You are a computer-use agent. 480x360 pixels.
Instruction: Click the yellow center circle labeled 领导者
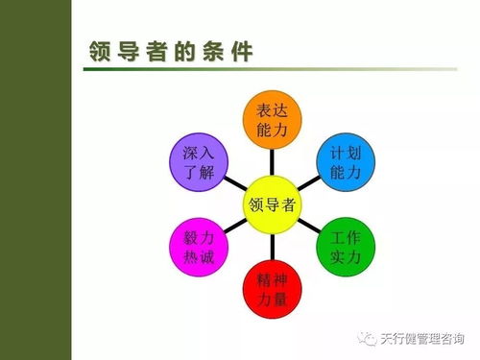pos(272,203)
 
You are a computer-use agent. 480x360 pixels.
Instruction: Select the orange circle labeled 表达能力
pos(272,121)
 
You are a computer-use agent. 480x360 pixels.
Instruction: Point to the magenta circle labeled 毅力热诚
pos(198,246)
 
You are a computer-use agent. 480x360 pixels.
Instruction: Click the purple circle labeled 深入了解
pos(198,164)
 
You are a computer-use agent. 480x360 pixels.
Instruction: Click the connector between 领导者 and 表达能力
pos(272,161)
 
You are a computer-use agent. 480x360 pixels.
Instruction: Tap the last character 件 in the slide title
pos(243,52)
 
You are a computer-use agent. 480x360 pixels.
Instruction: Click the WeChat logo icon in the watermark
pos(366,337)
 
